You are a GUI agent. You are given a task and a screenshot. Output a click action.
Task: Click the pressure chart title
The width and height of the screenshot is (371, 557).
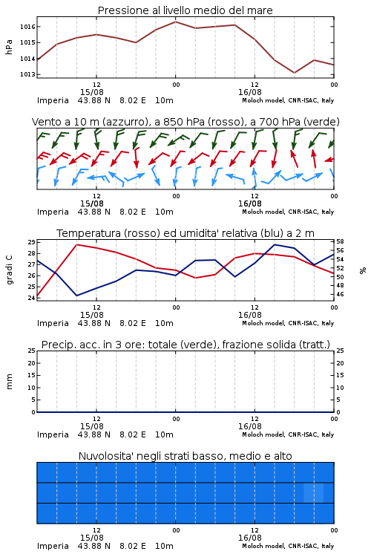(x=185, y=10)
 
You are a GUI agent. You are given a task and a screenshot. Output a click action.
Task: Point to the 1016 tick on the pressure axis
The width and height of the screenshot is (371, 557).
(x=27, y=27)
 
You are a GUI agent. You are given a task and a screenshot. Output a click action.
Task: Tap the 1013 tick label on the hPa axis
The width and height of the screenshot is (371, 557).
(x=27, y=74)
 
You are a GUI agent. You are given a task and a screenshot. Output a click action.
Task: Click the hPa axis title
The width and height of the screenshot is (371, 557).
(x=9, y=47)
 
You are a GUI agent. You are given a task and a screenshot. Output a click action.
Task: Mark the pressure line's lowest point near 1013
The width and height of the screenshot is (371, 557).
(x=295, y=73)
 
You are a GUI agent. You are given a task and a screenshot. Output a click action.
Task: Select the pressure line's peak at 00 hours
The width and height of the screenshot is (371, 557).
(x=175, y=22)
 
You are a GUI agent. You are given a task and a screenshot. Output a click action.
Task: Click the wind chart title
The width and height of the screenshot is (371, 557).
(x=185, y=122)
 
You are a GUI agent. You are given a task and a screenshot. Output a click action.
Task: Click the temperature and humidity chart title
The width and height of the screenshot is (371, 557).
(x=185, y=233)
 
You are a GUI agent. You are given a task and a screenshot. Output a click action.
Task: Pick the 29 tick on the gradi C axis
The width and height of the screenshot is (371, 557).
(x=31, y=242)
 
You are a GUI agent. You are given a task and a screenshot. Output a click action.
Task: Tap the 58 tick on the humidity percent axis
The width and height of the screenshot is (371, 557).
(x=340, y=241)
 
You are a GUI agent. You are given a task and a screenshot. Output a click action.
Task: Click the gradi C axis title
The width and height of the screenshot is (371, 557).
(x=10, y=270)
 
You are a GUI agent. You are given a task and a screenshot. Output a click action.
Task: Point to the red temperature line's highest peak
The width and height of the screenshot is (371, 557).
(x=76, y=244)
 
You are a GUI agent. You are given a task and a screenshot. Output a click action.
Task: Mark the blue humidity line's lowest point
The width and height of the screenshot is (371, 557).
(x=76, y=296)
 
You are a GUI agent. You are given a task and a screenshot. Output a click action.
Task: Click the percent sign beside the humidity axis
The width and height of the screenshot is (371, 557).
(x=363, y=270)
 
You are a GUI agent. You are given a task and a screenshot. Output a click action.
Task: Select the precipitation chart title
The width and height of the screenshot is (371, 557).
(x=185, y=345)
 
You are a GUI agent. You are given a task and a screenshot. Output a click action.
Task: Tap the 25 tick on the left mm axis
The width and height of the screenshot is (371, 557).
(x=31, y=351)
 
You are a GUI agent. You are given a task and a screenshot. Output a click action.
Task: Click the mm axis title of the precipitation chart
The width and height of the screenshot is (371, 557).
(x=10, y=382)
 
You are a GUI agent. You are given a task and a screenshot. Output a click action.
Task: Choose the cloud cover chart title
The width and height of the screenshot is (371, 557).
(x=185, y=456)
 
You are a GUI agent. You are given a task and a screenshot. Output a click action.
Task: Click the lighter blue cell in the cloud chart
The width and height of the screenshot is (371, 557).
(x=314, y=492)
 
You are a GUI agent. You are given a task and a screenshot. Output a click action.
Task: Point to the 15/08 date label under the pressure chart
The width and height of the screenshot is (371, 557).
(x=91, y=92)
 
